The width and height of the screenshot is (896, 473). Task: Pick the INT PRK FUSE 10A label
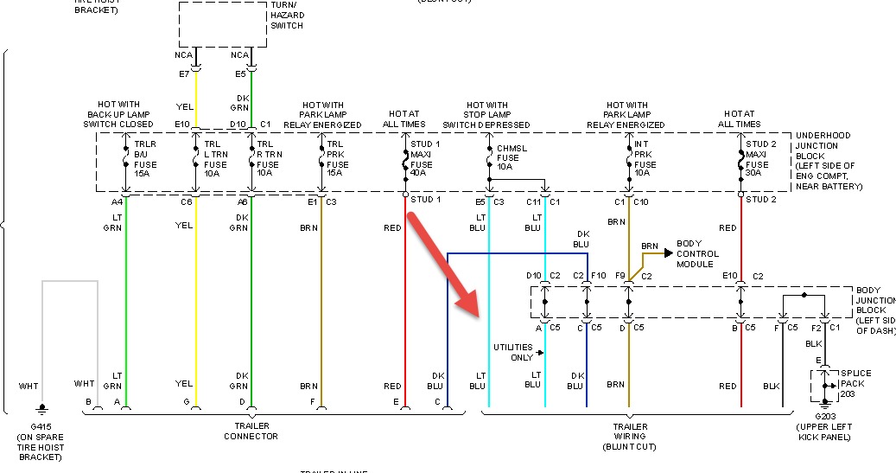647,160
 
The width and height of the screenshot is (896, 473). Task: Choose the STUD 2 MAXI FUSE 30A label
760,160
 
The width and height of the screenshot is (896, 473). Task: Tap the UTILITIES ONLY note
513,352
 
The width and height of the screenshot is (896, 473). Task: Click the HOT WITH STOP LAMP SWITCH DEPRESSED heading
498,115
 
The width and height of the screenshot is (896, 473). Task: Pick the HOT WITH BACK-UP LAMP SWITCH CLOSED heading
119,115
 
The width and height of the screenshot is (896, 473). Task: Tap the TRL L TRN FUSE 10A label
215,160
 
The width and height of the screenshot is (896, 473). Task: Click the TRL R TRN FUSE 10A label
270,160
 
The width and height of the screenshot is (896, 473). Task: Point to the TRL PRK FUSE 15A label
337,160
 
